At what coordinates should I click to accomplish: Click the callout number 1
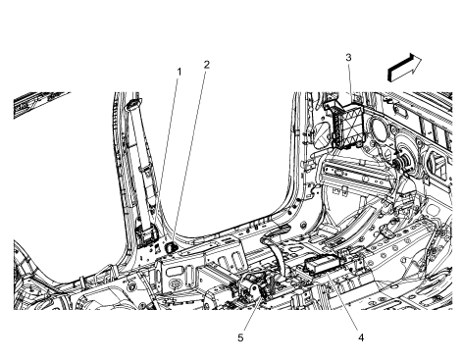tap(179, 72)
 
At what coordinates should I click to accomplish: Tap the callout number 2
tap(207, 65)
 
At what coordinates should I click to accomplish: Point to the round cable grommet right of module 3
tap(399, 157)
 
